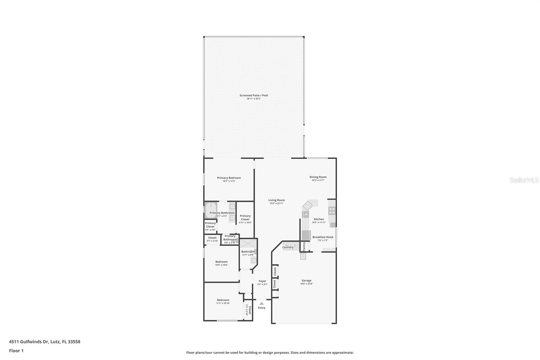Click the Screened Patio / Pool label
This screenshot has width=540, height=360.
point(253,95)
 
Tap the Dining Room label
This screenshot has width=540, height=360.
point(318,177)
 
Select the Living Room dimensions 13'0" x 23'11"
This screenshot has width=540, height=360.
point(276,203)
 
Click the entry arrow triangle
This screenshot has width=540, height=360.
point(262,303)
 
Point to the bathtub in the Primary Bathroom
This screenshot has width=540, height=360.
point(211,210)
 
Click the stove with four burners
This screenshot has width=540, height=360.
point(332,211)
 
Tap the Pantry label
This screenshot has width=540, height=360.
point(304,246)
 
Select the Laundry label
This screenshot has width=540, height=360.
point(288,247)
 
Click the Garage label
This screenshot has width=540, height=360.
point(306,280)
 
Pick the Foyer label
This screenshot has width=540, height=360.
point(262,281)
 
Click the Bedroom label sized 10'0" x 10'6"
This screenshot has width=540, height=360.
point(221,262)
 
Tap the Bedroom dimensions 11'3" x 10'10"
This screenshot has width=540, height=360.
point(223,303)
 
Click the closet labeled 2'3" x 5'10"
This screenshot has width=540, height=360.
point(248,310)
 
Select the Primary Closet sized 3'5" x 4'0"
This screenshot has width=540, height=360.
point(210,225)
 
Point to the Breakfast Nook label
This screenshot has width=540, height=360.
point(323,237)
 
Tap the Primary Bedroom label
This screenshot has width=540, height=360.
point(229,178)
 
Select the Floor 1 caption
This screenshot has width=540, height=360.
point(16,351)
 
